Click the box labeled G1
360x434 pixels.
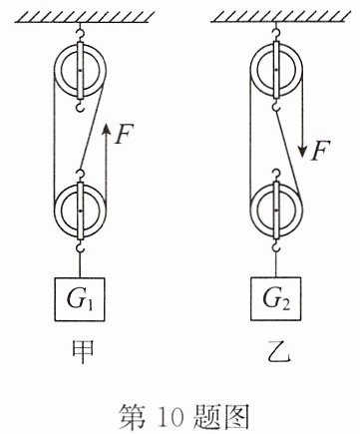point(80,299)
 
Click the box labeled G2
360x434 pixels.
point(276,298)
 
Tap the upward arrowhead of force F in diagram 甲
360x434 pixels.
point(106,129)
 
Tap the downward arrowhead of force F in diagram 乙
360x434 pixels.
point(303,152)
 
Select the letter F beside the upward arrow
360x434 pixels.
point(124,134)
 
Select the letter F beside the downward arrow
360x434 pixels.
point(320,151)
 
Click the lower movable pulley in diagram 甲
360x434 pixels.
point(80,211)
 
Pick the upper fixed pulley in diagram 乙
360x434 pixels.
point(276,70)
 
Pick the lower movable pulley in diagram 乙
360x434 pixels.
point(276,211)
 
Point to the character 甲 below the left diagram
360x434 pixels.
point(82,351)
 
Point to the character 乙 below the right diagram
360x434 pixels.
point(278,352)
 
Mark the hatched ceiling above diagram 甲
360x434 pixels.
point(85,17)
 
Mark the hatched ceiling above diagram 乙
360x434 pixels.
point(281,17)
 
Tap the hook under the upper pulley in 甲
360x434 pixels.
point(80,107)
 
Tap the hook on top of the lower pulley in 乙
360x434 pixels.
point(276,175)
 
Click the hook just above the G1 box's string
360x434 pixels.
point(80,246)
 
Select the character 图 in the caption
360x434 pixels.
point(237,416)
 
